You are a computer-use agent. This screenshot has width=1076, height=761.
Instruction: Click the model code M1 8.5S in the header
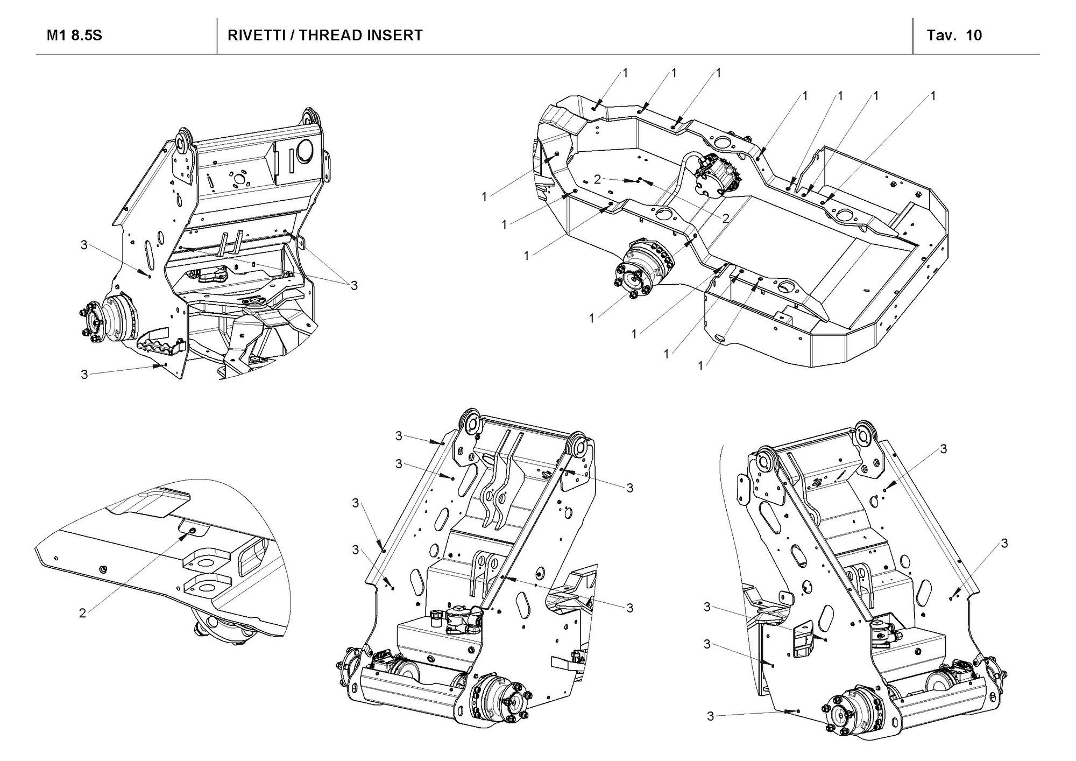74,36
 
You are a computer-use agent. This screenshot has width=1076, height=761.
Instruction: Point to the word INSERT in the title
395,36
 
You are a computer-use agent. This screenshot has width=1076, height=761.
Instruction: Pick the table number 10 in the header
974,36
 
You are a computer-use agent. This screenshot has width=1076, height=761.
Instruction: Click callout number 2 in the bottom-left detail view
82,613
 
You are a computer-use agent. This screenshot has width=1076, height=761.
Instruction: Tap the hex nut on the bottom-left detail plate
103,569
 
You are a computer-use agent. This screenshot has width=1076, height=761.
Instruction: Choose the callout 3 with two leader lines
353,285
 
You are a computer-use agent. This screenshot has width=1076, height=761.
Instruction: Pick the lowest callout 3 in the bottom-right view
710,716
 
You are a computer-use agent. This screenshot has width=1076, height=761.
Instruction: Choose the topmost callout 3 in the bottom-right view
943,449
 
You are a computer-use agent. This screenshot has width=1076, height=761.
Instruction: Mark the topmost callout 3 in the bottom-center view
399,436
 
